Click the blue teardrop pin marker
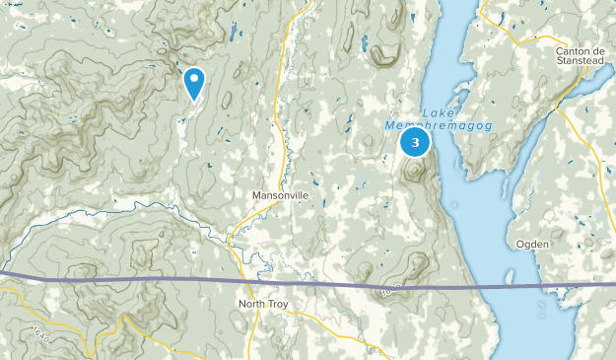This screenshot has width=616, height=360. (x=194, y=82)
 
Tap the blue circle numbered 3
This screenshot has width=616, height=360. (x=415, y=143)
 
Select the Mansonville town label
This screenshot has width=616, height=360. (x=280, y=195)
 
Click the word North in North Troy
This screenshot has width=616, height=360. (x=253, y=304)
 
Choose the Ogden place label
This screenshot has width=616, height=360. (x=533, y=244)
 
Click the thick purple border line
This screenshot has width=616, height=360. (x=197, y=282)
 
